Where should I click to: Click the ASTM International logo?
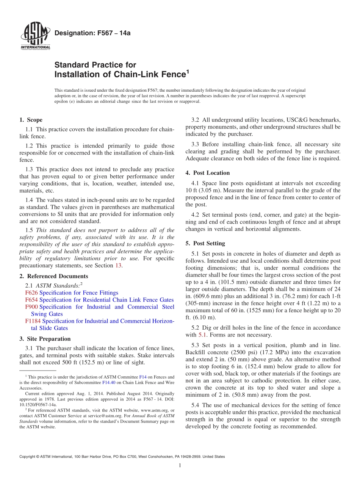(35, 36)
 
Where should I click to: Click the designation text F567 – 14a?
(92, 33)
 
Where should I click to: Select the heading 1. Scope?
(31, 120)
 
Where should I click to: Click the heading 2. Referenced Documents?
(53, 276)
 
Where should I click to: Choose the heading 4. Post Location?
(207, 173)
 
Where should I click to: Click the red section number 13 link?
(118, 265)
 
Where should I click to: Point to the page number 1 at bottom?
(180, 465)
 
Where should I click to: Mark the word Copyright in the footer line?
(29, 457)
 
